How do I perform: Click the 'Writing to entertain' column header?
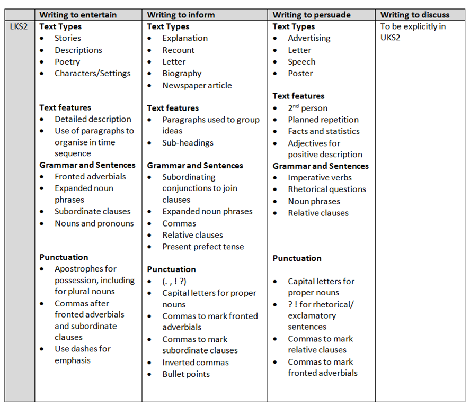(78, 15)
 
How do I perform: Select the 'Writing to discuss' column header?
(414, 15)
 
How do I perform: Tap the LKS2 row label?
(20, 26)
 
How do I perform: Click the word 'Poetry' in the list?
(67, 62)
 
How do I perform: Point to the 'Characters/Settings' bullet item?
(92, 74)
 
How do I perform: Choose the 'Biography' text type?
(182, 74)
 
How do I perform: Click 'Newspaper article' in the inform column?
(197, 85)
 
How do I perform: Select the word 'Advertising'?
(309, 38)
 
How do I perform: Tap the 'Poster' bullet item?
(300, 74)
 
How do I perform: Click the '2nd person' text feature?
(307, 108)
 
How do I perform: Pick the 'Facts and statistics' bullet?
(323, 131)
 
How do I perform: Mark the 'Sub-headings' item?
(188, 143)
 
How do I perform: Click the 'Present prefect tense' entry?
(203, 247)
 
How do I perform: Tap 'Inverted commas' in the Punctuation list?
(196, 363)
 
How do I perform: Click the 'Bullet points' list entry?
(186, 374)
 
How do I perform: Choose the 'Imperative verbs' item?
(320, 178)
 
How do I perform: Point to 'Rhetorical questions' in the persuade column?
(326, 189)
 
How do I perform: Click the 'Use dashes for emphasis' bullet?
(83, 355)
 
